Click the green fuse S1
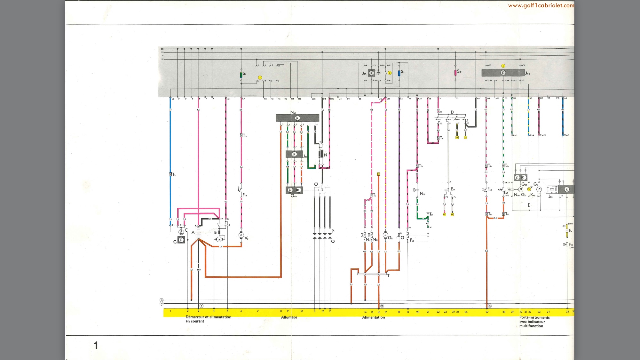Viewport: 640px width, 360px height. [241, 75]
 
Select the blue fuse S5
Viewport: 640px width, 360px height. [399, 73]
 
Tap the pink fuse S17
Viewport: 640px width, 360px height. [455, 73]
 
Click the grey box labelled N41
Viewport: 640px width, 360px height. [297, 118]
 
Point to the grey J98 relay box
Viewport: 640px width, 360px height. [503, 73]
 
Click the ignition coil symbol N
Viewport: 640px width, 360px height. [321, 154]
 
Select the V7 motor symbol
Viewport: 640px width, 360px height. [241, 235]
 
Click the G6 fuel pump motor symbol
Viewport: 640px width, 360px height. [385, 236]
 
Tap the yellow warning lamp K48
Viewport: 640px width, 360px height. [529, 189]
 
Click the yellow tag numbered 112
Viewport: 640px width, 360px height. [378, 174]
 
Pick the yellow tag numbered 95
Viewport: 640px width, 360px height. [444, 214]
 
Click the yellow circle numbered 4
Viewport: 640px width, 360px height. [503, 66]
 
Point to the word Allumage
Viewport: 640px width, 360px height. [289, 317]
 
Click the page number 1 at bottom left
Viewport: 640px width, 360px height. [96, 345]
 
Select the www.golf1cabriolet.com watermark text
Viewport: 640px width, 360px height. [541, 5]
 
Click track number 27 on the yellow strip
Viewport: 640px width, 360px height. [487, 312]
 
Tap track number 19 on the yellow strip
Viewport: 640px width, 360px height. [408, 312]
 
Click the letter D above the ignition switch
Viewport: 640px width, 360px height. [452, 112]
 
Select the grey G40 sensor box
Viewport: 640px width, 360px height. [294, 190]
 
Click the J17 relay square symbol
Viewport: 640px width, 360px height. [371, 73]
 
